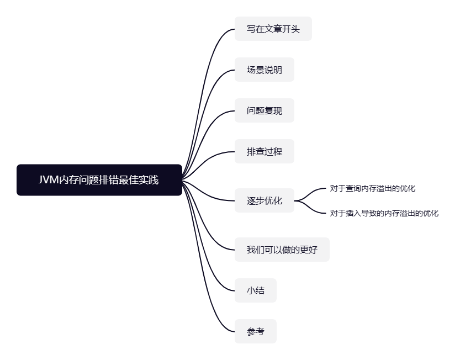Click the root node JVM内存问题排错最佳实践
[99, 180]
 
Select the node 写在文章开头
[273, 29]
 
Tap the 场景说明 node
[264, 70]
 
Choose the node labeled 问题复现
[264, 110]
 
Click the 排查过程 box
[264, 151]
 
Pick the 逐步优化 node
[264, 200]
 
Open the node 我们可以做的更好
[282, 250]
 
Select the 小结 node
[255, 290]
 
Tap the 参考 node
[255, 331]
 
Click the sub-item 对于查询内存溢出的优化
[372, 188]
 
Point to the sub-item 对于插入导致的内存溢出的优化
[384, 213]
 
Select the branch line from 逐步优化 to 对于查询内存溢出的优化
[313, 192]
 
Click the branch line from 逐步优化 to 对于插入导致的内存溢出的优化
[313, 209]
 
